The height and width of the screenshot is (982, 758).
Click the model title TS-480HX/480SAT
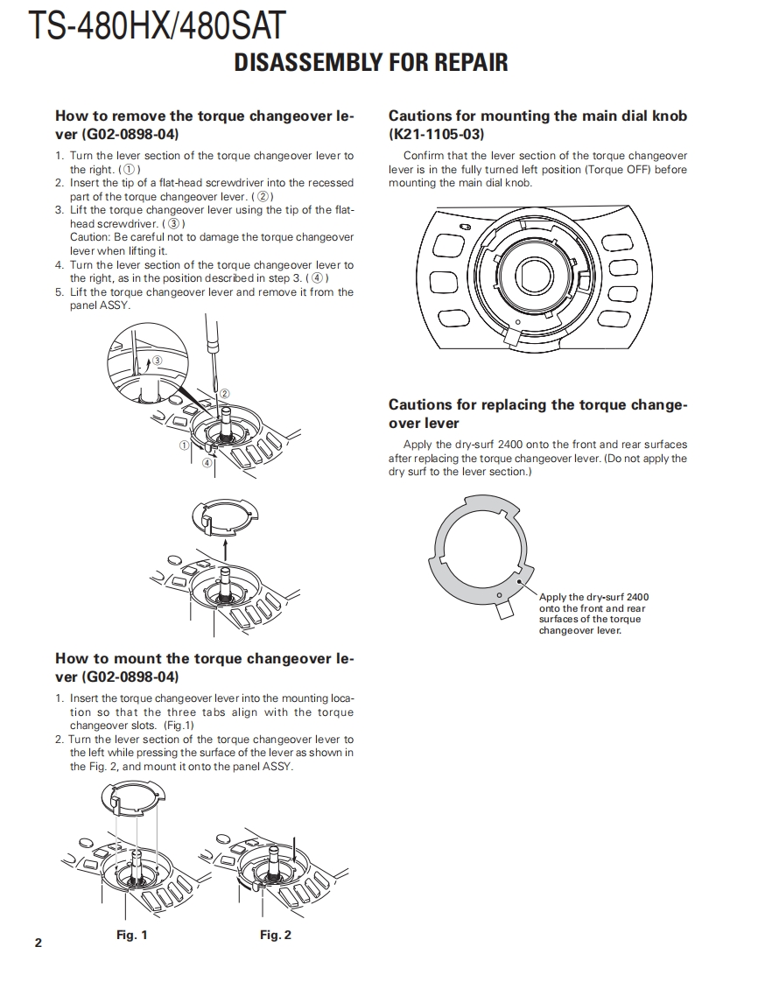[x=157, y=26]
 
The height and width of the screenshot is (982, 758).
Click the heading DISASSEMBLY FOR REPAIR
[x=371, y=63]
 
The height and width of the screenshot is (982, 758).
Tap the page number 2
[x=38, y=943]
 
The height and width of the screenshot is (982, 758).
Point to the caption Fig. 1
[x=131, y=936]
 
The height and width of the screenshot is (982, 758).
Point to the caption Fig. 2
[x=275, y=936]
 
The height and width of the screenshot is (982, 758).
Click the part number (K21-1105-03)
[x=436, y=135]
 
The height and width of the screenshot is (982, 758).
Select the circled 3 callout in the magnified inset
[x=158, y=360]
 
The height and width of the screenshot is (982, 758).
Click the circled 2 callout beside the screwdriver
[x=224, y=394]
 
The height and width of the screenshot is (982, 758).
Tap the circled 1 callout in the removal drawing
[x=185, y=445]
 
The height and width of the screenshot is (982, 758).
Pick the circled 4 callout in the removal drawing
[x=207, y=462]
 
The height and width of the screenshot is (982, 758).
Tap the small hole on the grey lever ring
[x=499, y=596]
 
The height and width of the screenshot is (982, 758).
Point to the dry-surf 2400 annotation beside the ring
[x=593, y=614]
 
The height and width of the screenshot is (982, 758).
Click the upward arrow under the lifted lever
[x=226, y=550]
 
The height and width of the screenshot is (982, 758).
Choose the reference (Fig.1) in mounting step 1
[x=179, y=726]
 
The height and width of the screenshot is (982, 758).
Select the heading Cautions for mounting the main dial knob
[x=537, y=116]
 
